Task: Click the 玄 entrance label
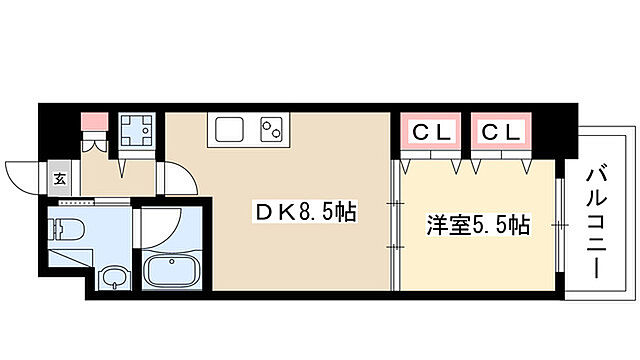tap(59, 180)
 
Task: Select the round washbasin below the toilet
tap(116, 276)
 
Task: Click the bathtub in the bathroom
tap(173, 270)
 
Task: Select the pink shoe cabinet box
tap(93, 123)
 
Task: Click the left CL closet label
tap(430, 131)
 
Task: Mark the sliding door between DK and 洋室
tap(392, 222)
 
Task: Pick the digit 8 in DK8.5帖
tap(301, 212)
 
